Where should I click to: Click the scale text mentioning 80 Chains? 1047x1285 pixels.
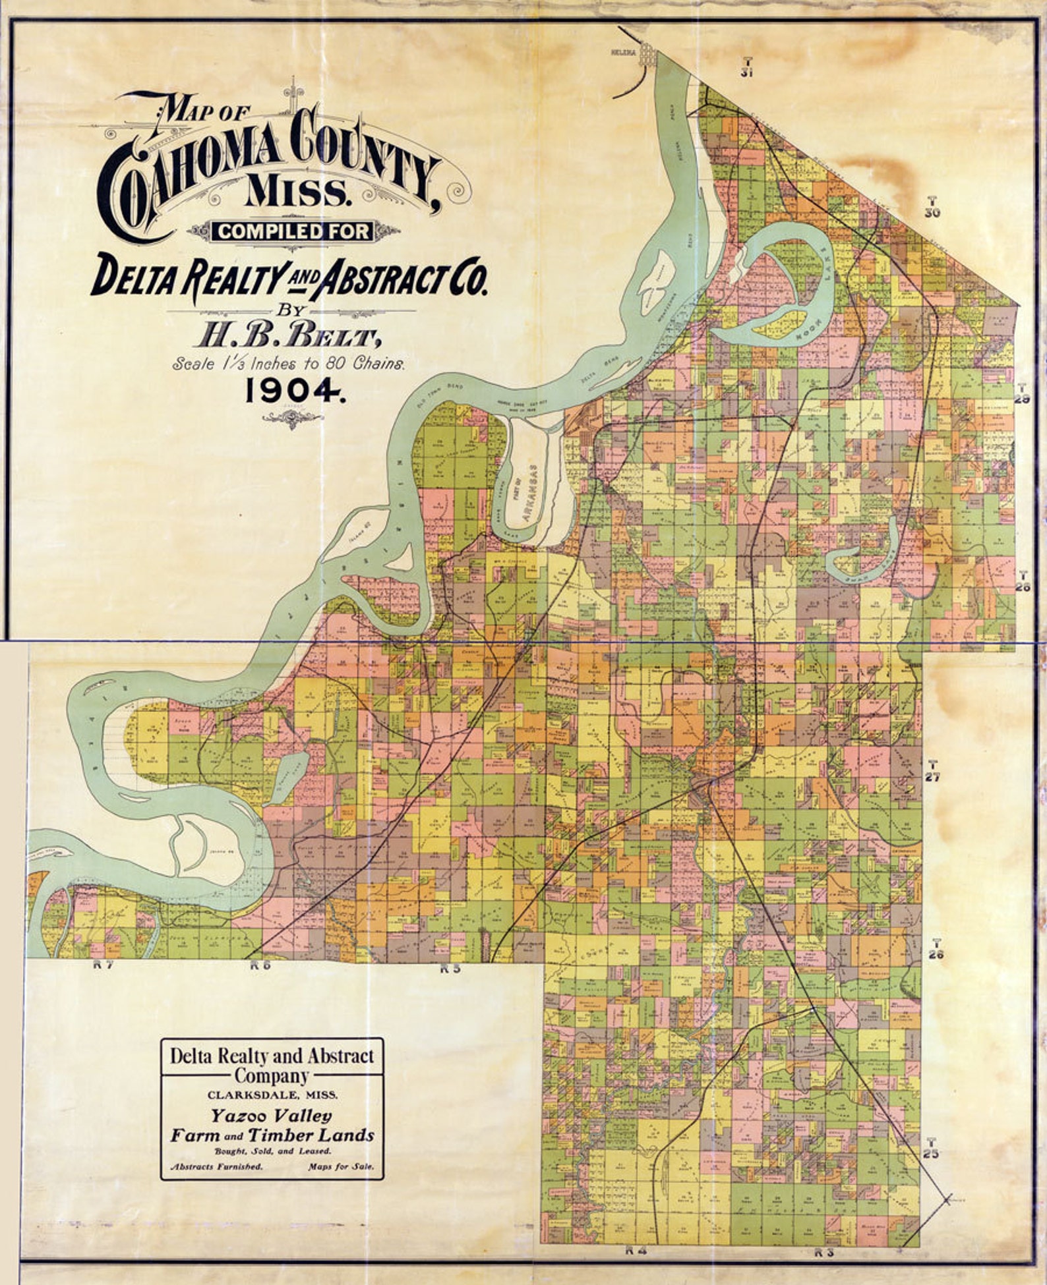pyautogui.click(x=288, y=363)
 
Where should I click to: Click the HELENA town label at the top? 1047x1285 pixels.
pyautogui.click(x=622, y=51)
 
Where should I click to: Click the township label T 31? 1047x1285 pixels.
pyautogui.click(x=746, y=68)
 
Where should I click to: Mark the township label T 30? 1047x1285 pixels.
pyautogui.click(x=932, y=207)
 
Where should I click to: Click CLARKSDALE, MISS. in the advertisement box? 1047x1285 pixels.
pyautogui.click(x=272, y=1094)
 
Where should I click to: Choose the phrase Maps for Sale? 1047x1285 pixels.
pyautogui.click(x=340, y=1166)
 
